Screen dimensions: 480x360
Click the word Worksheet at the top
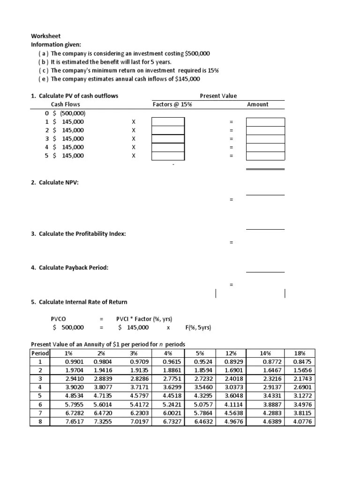click(x=45, y=36)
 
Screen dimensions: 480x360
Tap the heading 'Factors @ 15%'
click(x=172, y=105)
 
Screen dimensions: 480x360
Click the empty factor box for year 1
click(x=168, y=122)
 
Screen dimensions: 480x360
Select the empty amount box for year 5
click(x=265, y=156)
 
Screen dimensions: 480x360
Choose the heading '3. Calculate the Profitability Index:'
click(x=78, y=233)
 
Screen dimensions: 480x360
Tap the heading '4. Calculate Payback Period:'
click(x=69, y=268)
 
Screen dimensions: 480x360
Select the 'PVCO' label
click(x=59, y=319)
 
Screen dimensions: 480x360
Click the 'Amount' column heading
click(x=257, y=105)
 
